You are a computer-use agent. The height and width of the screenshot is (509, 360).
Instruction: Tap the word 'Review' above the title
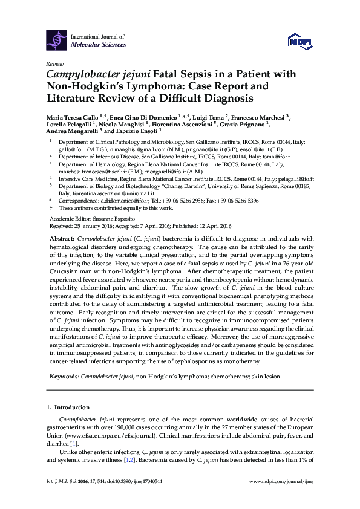pyautogui.click(x=54, y=63)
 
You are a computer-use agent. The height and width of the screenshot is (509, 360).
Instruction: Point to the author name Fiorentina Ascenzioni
pyautogui.click(x=194, y=123)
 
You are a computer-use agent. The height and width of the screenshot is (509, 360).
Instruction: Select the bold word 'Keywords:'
pyautogui.click(x=64, y=376)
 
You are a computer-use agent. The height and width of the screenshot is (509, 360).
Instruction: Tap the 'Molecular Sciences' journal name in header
pyautogui.click(x=99, y=44)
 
